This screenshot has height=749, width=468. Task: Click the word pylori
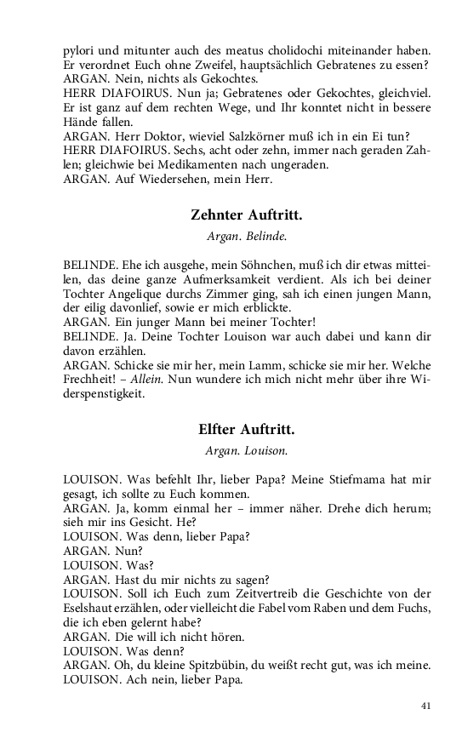click(x=79, y=50)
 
